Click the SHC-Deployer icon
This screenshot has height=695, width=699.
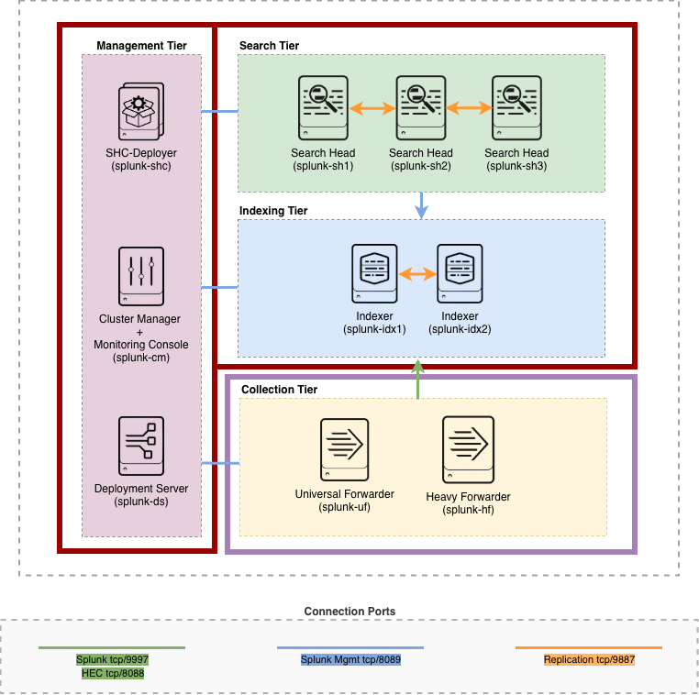coord(141,112)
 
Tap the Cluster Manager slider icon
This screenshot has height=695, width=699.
coord(141,276)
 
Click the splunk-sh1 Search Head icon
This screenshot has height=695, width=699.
coord(323,106)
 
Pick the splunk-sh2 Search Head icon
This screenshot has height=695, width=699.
coord(420,106)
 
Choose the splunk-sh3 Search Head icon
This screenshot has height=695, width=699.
coord(516,106)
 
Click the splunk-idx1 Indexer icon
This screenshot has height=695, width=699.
coord(374,273)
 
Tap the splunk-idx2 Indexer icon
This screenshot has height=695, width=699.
coord(460,273)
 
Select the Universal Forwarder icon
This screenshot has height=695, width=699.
coord(344,449)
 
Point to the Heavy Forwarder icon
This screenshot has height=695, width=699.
coord(468,450)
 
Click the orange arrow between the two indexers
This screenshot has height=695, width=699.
coord(417,273)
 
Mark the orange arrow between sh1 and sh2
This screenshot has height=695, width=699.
coord(372,107)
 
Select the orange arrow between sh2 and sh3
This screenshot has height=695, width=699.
coord(469,107)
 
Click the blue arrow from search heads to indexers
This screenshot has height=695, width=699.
coord(421,205)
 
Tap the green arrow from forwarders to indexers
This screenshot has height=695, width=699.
coord(417,379)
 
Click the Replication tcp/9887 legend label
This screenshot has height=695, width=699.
coord(589,659)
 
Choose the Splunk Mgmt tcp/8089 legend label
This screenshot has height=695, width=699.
coord(350,659)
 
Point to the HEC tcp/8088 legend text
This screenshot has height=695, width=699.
coord(112,673)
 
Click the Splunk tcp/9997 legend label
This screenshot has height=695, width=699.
coord(112,659)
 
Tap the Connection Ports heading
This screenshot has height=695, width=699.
coord(349,611)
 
